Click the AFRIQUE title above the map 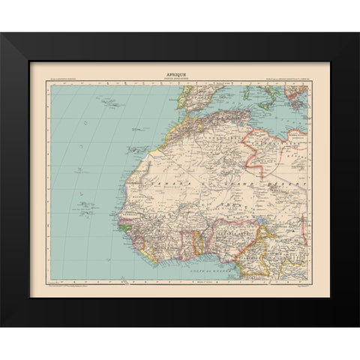point(179,74)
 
